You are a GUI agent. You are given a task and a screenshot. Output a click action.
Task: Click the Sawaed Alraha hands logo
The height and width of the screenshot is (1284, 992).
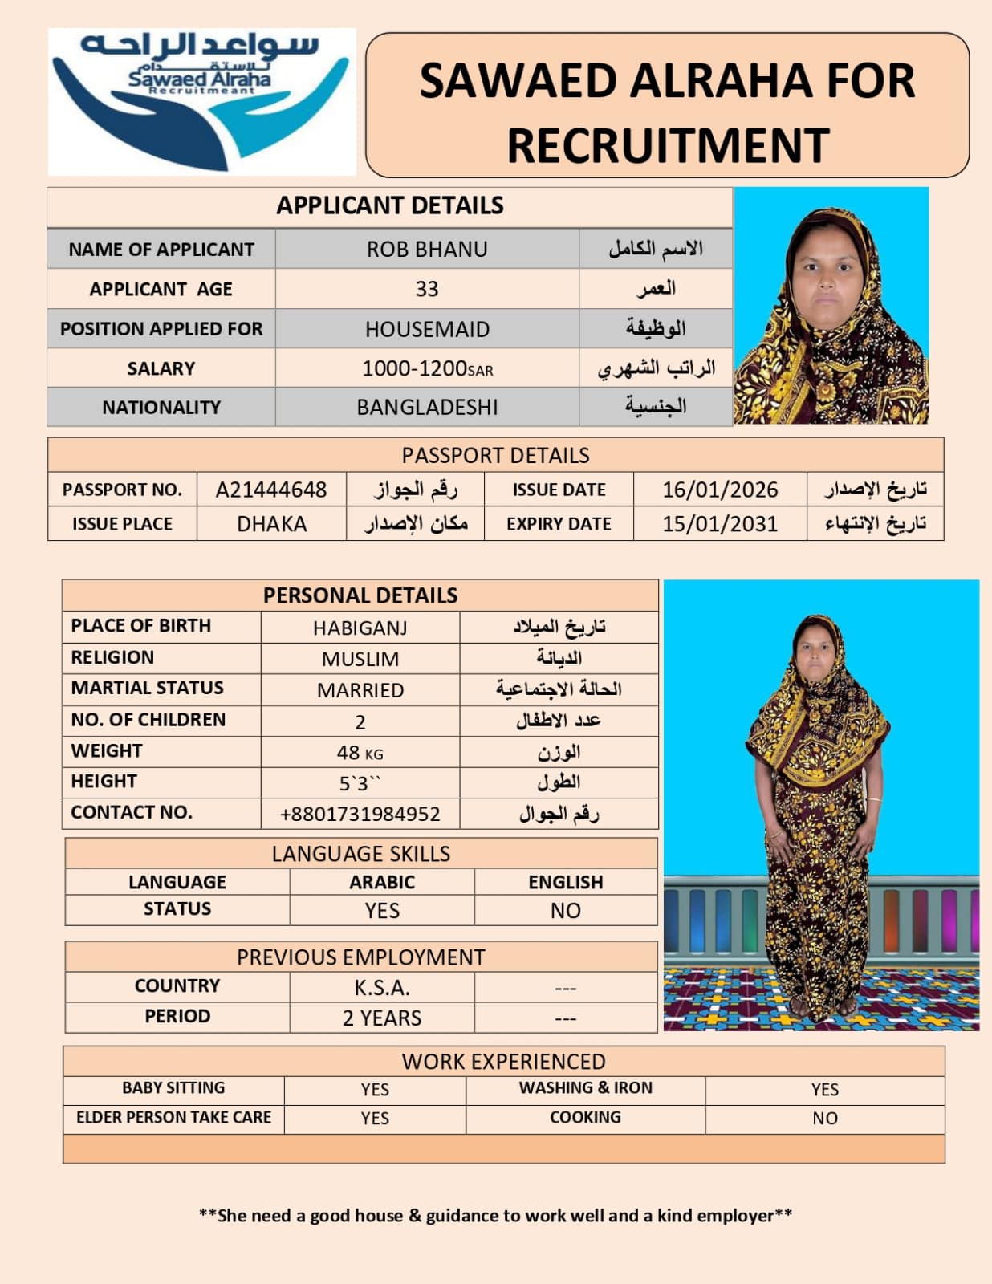point(201,102)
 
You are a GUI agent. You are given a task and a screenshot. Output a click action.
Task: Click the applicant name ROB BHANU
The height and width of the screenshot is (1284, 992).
point(427,250)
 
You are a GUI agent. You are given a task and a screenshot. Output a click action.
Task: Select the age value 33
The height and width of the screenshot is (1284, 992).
point(427,289)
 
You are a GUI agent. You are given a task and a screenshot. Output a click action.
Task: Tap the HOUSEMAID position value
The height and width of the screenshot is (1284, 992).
point(427,329)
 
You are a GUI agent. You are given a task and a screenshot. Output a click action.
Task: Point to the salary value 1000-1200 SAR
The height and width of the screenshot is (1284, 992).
point(427,368)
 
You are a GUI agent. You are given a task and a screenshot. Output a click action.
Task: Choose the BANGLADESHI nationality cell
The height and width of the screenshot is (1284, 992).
point(427,408)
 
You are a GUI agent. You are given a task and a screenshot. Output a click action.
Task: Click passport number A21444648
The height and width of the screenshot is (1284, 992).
point(271,490)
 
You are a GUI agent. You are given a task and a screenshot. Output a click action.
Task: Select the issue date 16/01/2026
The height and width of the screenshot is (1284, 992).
point(720,490)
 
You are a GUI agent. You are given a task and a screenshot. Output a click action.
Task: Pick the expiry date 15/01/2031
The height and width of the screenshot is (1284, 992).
point(720,524)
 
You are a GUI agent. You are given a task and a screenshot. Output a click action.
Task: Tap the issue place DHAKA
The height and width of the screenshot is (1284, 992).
point(271,524)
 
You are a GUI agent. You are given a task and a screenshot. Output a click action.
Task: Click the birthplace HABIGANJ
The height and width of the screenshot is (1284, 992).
point(360,628)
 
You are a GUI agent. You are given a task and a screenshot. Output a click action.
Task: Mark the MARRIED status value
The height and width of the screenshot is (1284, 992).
point(360,690)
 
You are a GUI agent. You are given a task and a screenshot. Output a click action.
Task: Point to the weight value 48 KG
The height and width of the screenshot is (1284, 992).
point(360,753)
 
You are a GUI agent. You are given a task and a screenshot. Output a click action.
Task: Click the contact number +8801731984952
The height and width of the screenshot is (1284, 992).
point(360,814)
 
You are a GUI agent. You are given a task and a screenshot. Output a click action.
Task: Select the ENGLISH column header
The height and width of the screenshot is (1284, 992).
point(565,882)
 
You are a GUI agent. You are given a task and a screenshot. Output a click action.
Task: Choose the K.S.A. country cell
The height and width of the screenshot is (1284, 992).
point(382,987)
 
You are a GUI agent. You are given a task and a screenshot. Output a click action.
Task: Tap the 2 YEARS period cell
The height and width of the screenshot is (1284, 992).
point(382,1018)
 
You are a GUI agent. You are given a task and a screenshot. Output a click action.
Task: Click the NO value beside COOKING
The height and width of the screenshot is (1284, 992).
point(824,1118)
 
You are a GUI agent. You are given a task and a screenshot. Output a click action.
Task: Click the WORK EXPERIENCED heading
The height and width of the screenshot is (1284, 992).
point(503,1061)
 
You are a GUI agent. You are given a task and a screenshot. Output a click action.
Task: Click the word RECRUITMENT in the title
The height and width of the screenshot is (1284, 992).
point(668,145)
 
